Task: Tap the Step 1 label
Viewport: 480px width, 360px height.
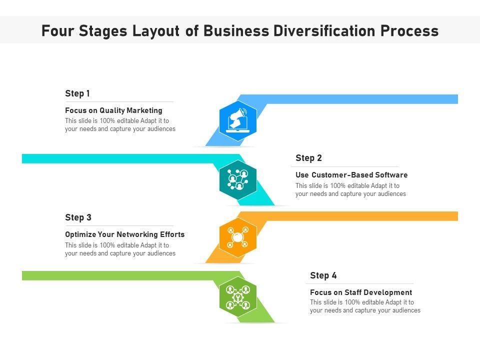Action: [77, 93]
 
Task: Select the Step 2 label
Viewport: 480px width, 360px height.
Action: [308, 158]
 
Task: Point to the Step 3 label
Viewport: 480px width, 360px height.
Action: [78, 217]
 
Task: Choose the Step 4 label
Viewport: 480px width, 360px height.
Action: [323, 275]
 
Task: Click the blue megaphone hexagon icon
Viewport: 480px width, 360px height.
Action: [238, 120]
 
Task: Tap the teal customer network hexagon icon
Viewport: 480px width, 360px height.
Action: [238, 179]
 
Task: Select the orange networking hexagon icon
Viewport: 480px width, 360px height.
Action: [238, 237]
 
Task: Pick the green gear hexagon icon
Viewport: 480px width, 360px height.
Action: [238, 297]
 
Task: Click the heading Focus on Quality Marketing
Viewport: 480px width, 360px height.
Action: [113, 110]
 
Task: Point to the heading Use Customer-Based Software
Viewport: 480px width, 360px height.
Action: [351, 175]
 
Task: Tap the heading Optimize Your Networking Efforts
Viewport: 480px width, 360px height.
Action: [124, 234]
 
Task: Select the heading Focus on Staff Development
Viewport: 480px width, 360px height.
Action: [361, 292]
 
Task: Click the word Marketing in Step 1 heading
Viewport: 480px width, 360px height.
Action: [144, 110]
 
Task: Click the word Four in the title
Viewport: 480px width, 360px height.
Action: [58, 31]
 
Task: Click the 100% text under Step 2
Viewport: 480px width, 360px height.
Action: [337, 186]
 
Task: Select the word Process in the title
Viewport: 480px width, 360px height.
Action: [409, 31]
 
